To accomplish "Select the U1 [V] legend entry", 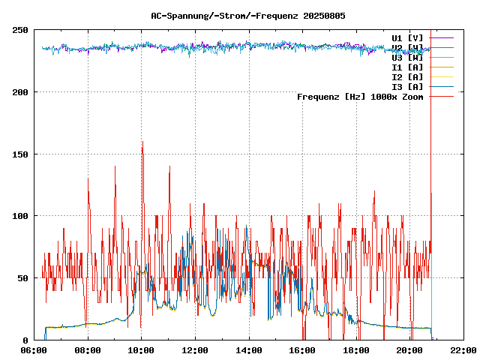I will coord(407,37).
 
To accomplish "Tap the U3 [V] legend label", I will coord(407,57).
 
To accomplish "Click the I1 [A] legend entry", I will coord(407,67).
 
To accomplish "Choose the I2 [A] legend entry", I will coord(407,76).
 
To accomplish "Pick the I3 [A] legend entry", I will coord(407,86).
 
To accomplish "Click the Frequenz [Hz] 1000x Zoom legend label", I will coord(360,97).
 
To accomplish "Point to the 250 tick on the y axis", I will coord(21,30).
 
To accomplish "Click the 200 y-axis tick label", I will coord(21,92).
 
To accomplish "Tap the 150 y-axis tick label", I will coord(21,154).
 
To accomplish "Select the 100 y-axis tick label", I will coord(21,216).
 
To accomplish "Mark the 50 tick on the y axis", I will coord(23,278).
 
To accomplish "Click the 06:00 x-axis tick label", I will coord(34,350).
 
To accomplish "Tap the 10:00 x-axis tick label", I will coord(142,350).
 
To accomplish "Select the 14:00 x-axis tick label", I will coord(249,350).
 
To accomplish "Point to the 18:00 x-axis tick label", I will coord(356,350).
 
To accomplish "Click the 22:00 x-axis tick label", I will coord(463,350).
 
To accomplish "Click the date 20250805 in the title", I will coord(324,15).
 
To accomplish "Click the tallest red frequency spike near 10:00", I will coord(142,142).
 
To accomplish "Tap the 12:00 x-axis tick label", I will coord(195,350).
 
